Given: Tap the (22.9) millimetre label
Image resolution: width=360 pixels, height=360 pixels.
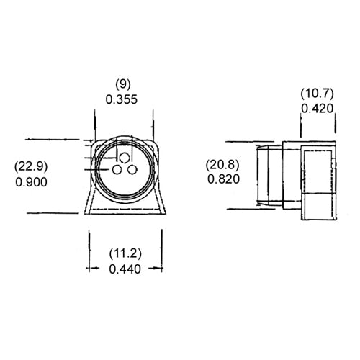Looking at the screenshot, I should click(31, 167).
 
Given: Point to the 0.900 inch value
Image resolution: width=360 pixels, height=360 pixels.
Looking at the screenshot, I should click(31, 182).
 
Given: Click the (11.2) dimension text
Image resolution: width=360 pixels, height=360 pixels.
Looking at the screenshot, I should click(125, 253).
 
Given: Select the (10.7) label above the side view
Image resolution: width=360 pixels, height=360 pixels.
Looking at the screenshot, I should click(317, 94).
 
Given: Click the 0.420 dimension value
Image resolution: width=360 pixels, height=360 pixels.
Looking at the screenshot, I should click(317, 109).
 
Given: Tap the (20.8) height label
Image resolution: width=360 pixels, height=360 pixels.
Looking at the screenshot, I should click(223, 163).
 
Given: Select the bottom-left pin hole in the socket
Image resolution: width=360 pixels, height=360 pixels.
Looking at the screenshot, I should click(116, 170).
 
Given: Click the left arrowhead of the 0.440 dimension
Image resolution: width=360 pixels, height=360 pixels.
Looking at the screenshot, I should click(92, 269).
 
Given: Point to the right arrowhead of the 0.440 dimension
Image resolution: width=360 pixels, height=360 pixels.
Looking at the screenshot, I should click(156, 269).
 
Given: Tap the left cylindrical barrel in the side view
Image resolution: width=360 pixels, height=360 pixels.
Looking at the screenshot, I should click(268, 176).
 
